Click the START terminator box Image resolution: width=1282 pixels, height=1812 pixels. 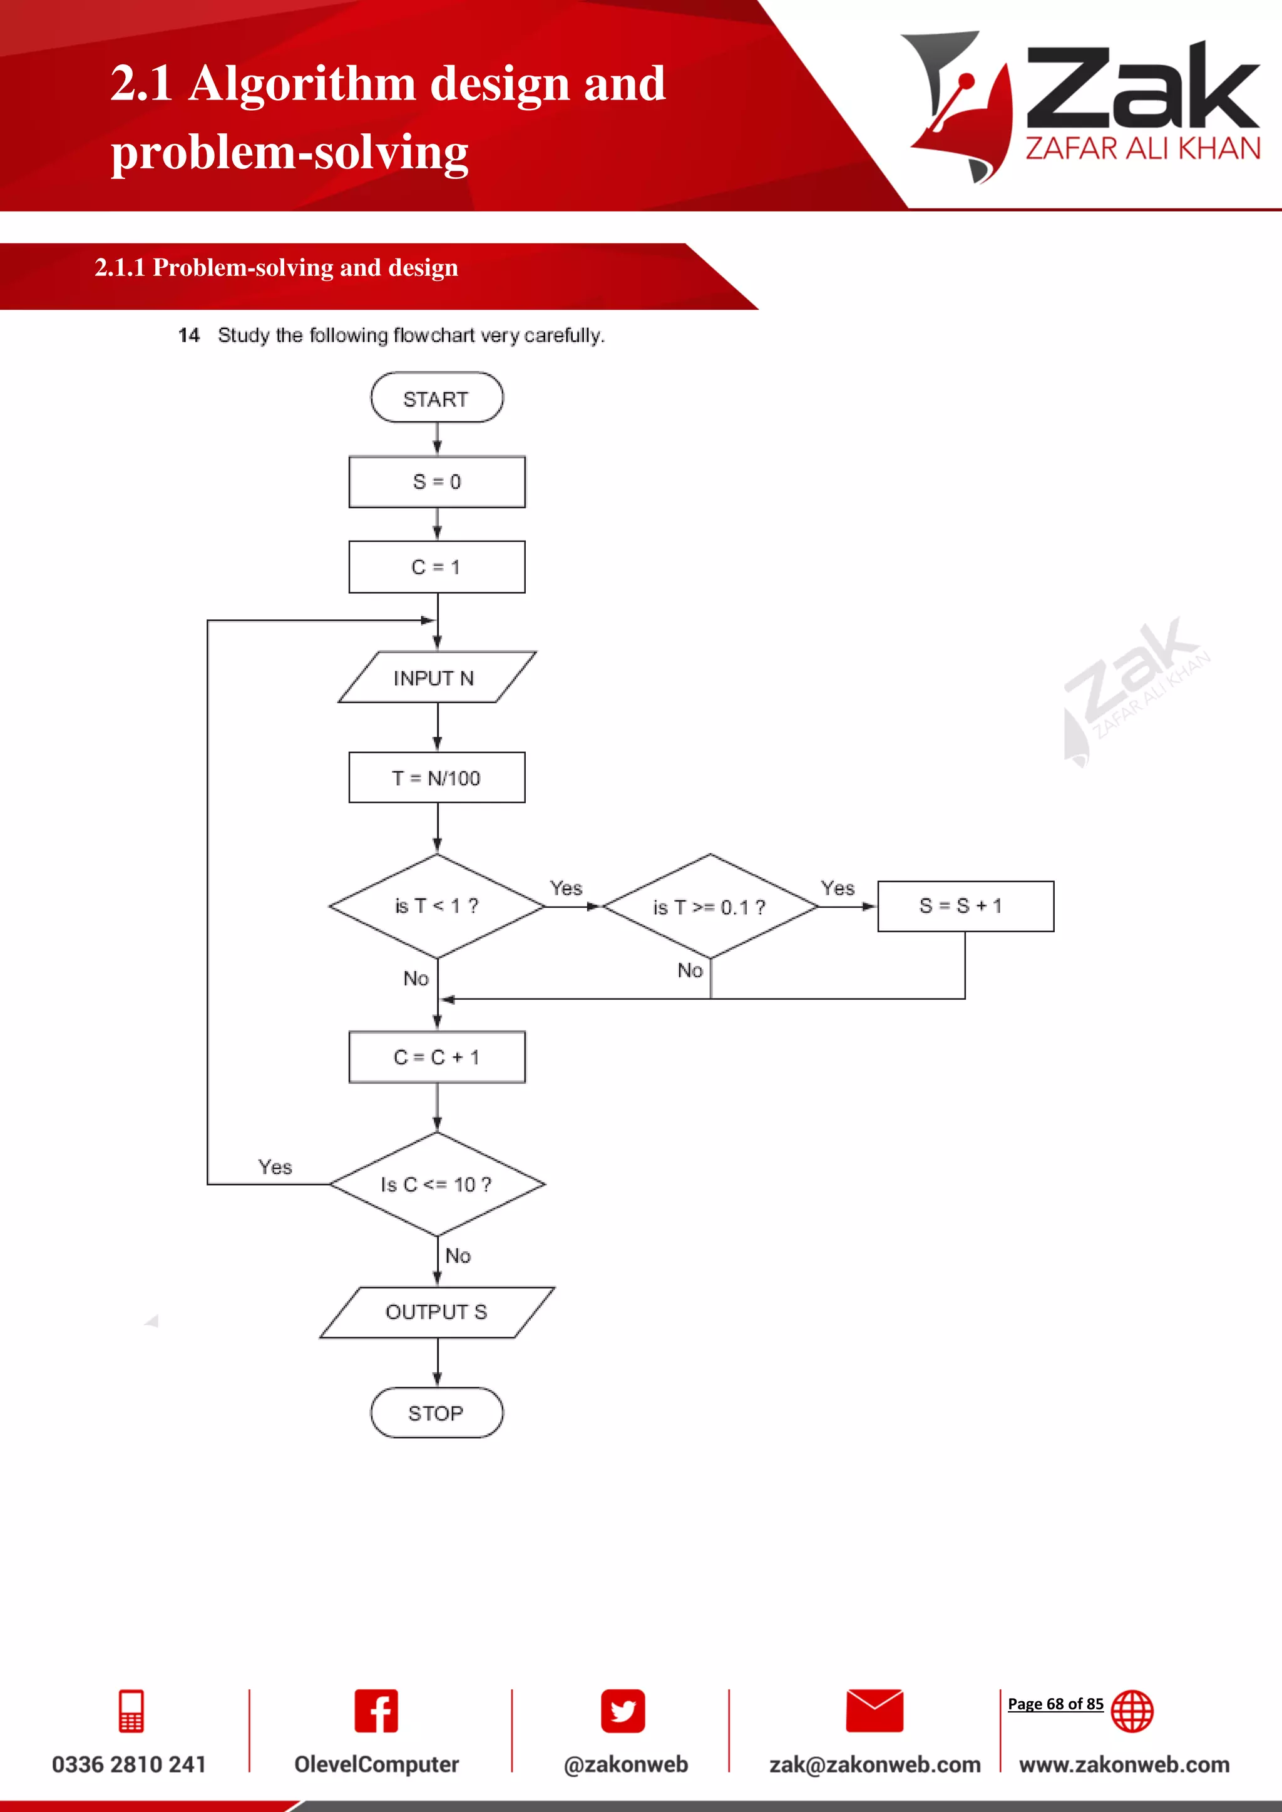pyautogui.click(x=436, y=398)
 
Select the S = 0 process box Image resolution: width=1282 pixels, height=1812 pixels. pyautogui.click(x=436, y=481)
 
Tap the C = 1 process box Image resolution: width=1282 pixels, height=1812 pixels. pyautogui.click(x=436, y=567)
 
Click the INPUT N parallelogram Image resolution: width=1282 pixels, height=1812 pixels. pyautogui.click(x=436, y=677)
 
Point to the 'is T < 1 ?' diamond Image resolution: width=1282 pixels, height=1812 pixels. pyautogui.click(x=436, y=906)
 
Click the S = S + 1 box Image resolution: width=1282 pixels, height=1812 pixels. pyautogui.click(x=965, y=906)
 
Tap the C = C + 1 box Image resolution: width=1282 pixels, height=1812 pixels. pyautogui.click(x=436, y=1057)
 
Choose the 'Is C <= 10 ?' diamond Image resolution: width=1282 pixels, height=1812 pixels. pyautogui.click(x=436, y=1184)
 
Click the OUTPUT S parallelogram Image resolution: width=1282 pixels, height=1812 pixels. pyautogui.click(x=436, y=1311)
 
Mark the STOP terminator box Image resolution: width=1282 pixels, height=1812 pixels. pyautogui.click(x=436, y=1413)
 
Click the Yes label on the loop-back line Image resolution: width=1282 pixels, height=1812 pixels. pyautogui.click(x=275, y=1167)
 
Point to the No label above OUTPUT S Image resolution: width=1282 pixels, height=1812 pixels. pyautogui.click(x=458, y=1256)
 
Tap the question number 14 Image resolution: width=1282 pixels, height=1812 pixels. pyautogui.click(x=188, y=335)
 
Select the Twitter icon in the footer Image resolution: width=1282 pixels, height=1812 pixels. pyautogui.click(x=623, y=1711)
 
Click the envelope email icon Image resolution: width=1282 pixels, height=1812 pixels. pyautogui.click(x=874, y=1711)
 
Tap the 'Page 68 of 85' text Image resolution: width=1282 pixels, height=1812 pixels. pyautogui.click(x=1055, y=1704)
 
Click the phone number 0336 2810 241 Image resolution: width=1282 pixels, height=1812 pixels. pyautogui.click(x=129, y=1764)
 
